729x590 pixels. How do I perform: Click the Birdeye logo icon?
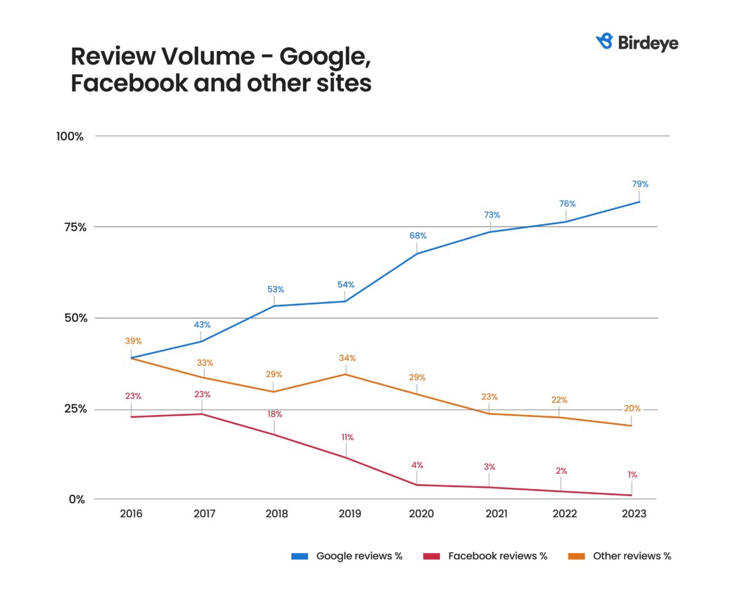(604, 42)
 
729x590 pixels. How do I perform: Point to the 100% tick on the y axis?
(70, 136)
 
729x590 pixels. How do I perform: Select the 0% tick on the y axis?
(77, 499)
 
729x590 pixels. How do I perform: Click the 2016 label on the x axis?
(131, 513)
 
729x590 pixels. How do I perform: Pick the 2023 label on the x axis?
(633, 513)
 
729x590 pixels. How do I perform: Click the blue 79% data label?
(640, 184)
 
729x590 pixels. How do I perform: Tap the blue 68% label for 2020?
(418, 236)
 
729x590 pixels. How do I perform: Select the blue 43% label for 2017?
(202, 324)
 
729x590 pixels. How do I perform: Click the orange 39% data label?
(133, 341)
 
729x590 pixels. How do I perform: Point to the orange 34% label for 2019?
(347, 358)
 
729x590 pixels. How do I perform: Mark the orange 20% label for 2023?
(632, 409)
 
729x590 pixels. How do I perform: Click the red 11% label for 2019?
(347, 437)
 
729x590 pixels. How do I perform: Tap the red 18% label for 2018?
(274, 414)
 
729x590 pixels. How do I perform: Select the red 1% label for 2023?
(632, 474)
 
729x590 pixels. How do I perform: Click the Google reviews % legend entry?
(359, 556)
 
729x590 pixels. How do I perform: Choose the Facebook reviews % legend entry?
(498, 556)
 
